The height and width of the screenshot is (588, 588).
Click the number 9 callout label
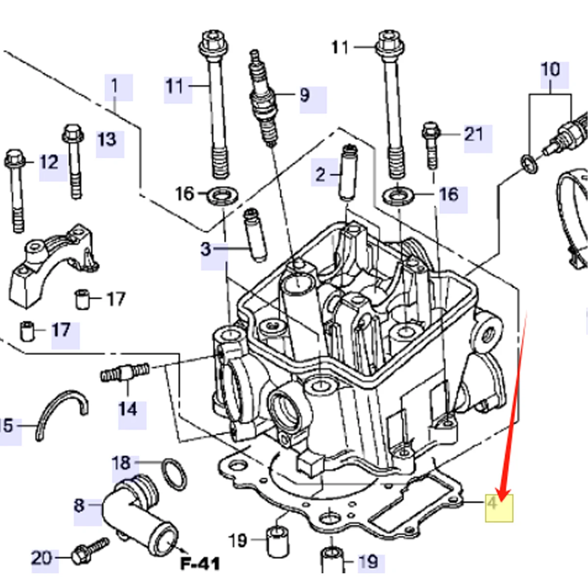point(305,95)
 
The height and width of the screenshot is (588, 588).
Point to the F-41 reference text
point(200,563)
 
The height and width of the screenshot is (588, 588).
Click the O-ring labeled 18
point(174,474)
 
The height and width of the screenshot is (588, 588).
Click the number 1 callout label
point(115,86)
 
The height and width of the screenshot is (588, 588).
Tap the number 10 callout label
point(550,70)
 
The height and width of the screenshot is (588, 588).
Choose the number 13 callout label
point(107,140)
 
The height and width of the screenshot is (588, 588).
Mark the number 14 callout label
point(128,409)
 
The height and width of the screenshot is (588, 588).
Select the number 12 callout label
point(49,162)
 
